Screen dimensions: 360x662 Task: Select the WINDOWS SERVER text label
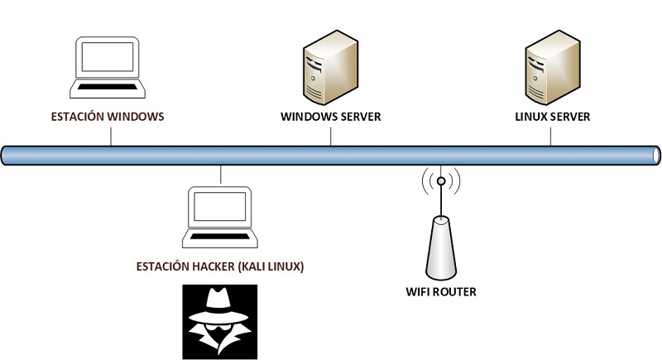[x=330, y=117]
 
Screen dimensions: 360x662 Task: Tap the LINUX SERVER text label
[x=552, y=117]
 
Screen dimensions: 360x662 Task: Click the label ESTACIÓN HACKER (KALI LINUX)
[x=221, y=266]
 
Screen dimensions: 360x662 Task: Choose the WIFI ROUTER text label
[x=441, y=292]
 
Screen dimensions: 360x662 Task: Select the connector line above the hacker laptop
[x=221, y=174]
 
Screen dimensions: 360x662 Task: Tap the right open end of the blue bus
[x=656, y=155]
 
